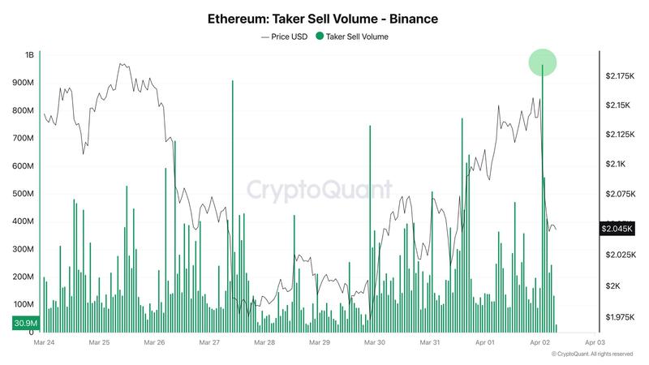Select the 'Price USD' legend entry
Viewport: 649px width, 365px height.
coord(285,36)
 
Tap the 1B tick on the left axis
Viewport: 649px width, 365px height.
coord(29,55)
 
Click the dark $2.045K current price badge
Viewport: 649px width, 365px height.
coord(617,230)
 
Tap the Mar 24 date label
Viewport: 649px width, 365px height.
coord(44,343)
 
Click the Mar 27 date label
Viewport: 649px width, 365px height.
coord(210,343)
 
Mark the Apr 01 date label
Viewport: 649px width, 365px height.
coord(486,343)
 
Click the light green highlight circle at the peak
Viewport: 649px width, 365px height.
coord(542,62)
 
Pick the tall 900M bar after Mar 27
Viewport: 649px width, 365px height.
coord(232,207)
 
